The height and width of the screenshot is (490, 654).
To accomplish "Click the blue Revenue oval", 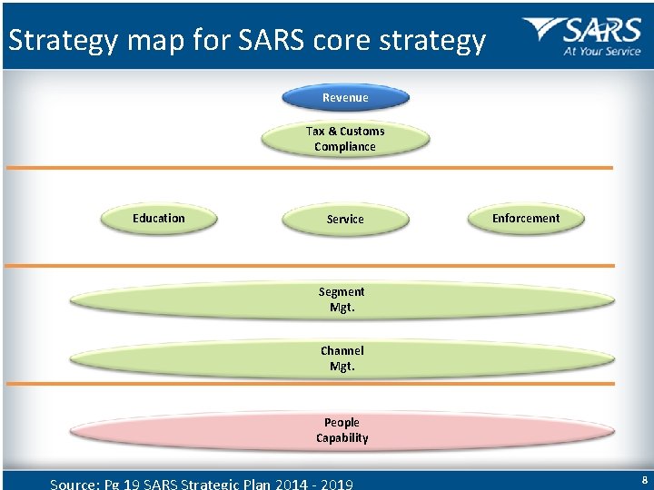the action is click(x=345, y=97).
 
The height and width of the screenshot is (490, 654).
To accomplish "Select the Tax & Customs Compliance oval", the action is click(x=345, y=139).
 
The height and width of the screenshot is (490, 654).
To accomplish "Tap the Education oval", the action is click(x=159, y=219).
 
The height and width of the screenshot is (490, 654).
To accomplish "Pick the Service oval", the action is click(x=345, y=220).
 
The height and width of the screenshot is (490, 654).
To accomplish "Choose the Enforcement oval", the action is click(x=526, y=219).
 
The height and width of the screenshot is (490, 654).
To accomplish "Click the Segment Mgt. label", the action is click(x=342, y=299).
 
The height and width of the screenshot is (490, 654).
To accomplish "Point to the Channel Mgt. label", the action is click(x=342, y=358).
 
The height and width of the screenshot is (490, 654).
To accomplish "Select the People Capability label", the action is click(x=342, y=430).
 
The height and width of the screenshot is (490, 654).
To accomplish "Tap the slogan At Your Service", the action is click(x=602, y=52).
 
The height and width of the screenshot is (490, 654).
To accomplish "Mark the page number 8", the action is click(x=644, y=480).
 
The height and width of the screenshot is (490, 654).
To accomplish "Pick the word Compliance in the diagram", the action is click(x=345, y=147).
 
